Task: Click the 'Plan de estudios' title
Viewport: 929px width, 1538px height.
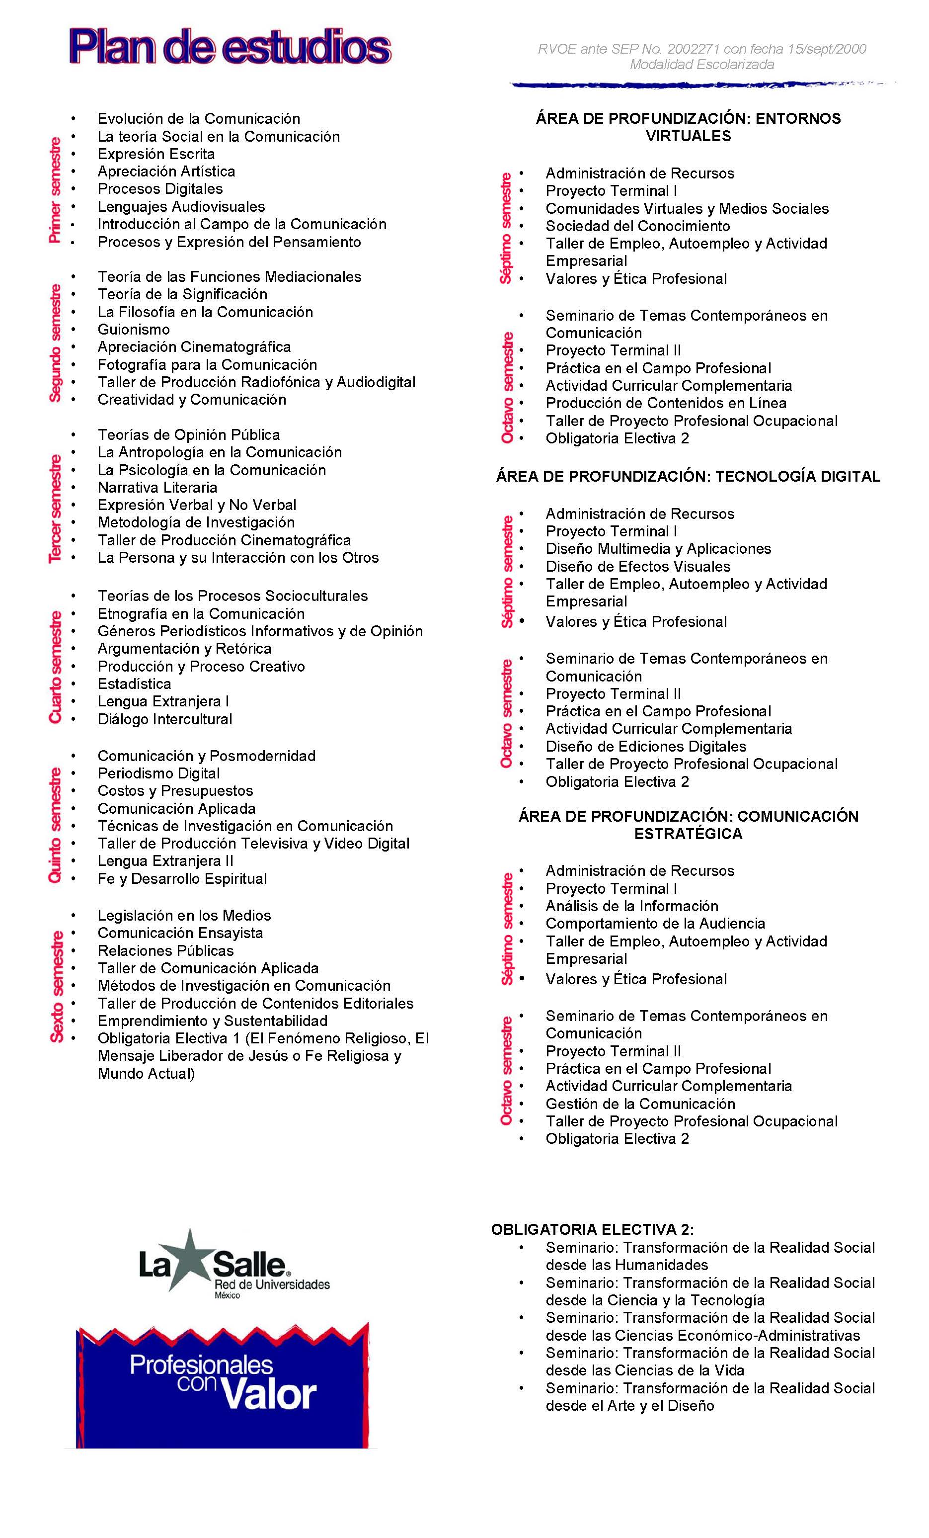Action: [x=230, y=48]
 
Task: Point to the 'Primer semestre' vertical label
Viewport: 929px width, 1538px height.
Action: [x=55, y=190]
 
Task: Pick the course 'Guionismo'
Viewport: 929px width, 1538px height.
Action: [x=134, y=330]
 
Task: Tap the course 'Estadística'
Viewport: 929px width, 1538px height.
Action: [x=134, y=684]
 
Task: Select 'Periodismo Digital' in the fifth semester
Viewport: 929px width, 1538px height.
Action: [x=158, y=773]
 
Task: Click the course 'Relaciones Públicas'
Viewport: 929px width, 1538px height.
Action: [x=165, y=950]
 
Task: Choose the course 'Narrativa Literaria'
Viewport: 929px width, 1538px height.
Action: [x=157, y=488]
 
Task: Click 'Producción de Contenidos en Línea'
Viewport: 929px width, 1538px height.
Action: [x=666, y=403]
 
